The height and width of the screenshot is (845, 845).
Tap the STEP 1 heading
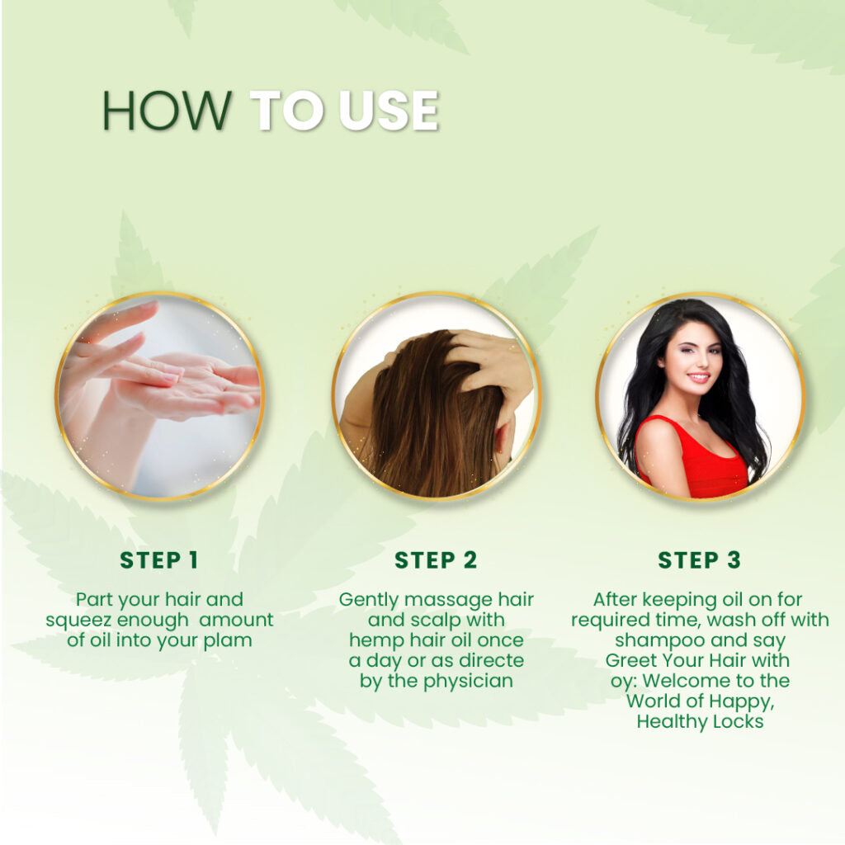pyautogui.click(x=158, y=560)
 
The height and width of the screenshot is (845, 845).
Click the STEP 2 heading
pyautogui.click(x=436, y=560)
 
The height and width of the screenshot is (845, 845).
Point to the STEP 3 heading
pyautogui.click(x=699, y=560)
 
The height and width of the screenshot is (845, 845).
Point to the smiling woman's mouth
pyautogui.click(x=699, y=378)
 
